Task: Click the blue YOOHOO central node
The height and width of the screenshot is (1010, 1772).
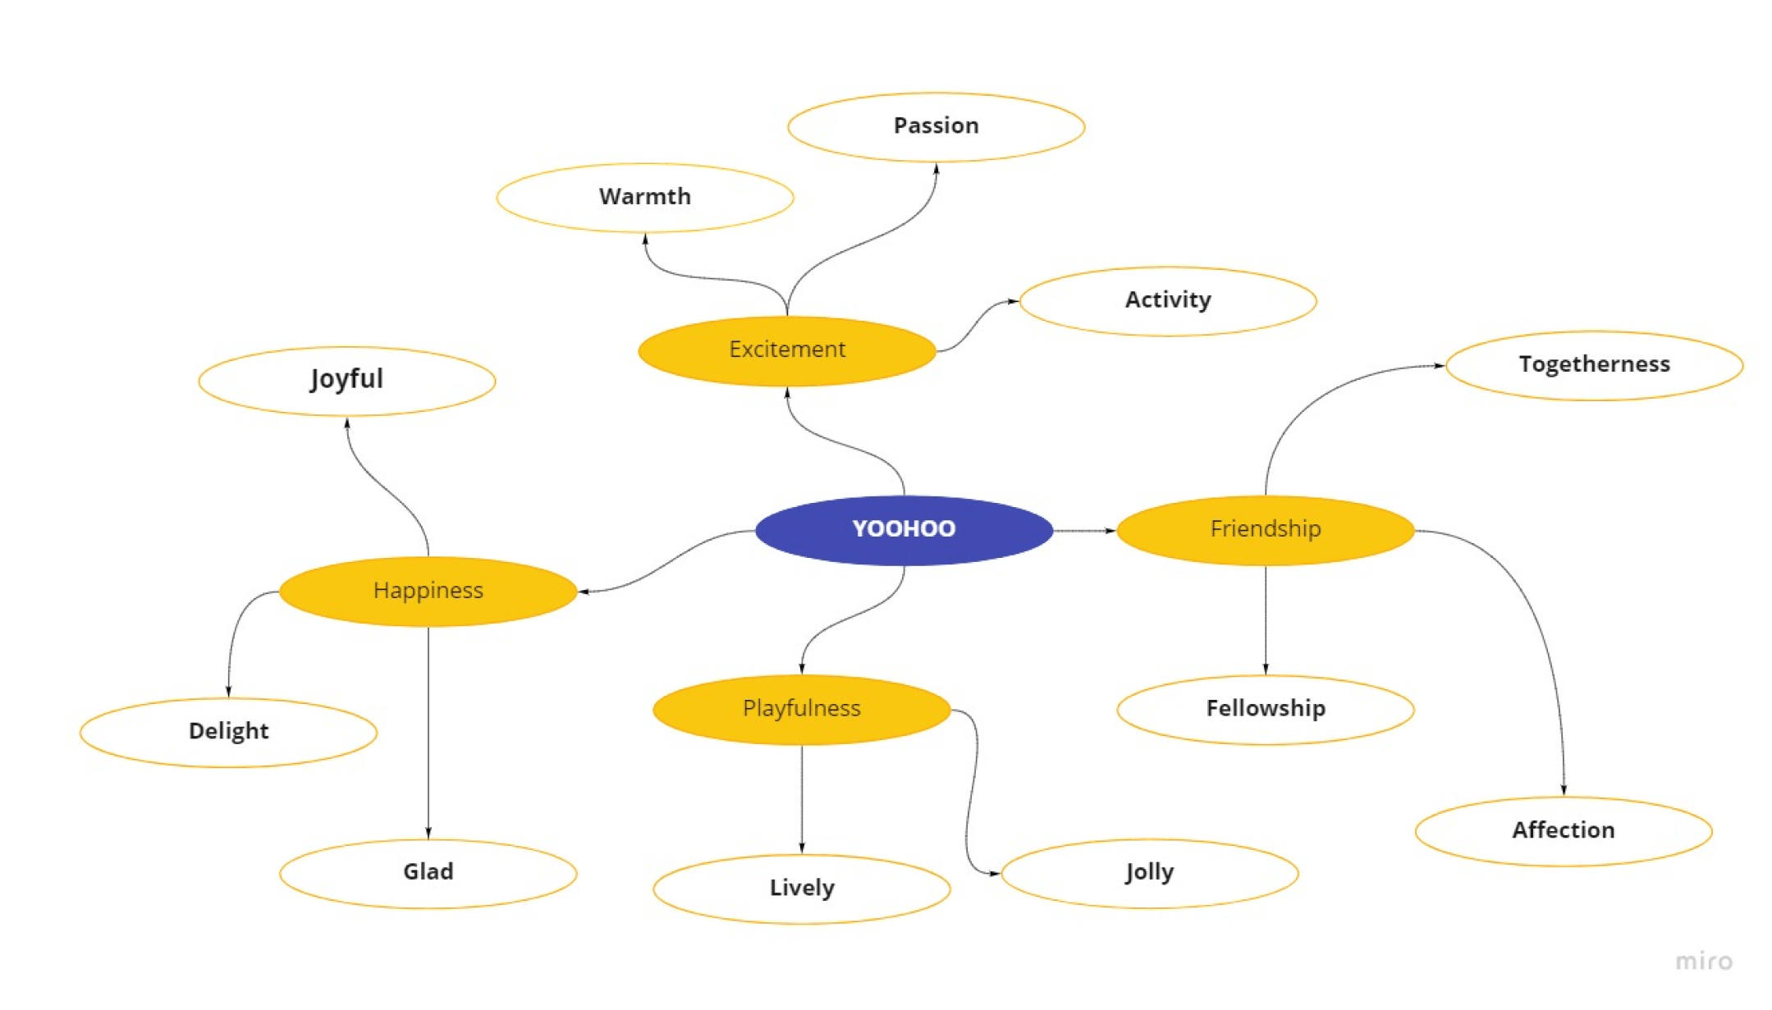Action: click(x=904, y=529)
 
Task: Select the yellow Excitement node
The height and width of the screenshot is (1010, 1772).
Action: click(x=786, y=350)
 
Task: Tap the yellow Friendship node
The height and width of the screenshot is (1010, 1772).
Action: click(x=1265, y=529)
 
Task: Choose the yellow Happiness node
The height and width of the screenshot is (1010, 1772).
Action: click(x=428, y=591)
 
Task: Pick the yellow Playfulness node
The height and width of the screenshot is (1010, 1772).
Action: click(x=801, y=709)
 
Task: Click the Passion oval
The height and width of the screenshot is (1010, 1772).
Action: click(x=936, y=126)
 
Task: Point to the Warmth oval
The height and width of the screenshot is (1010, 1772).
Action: click(x=644, y=197)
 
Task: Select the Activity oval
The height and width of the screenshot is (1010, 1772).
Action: click(x=1167, y=300)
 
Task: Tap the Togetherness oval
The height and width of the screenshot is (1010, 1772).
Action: click(x=1593, y=365)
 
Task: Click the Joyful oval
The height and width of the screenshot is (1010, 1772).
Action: click(x=346, y=380)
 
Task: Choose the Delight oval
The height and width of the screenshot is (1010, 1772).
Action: click(x=228, y=732)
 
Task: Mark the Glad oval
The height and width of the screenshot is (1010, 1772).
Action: click(x=428, y=872)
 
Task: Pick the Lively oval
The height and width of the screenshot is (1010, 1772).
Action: click(x=801, y=889)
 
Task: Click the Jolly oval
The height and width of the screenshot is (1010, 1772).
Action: click(x=1149, y=872)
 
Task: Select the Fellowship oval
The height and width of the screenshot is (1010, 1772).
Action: click(x=1265, y=709)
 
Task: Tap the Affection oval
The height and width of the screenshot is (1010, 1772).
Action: click(x=1563, y=830)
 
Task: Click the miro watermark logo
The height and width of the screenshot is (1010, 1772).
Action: click(x=1703, y=961)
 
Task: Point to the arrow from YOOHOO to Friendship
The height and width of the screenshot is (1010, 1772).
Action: click(x=1083, y=531)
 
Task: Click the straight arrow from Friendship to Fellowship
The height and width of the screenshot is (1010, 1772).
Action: click(x=1265, y=619)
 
